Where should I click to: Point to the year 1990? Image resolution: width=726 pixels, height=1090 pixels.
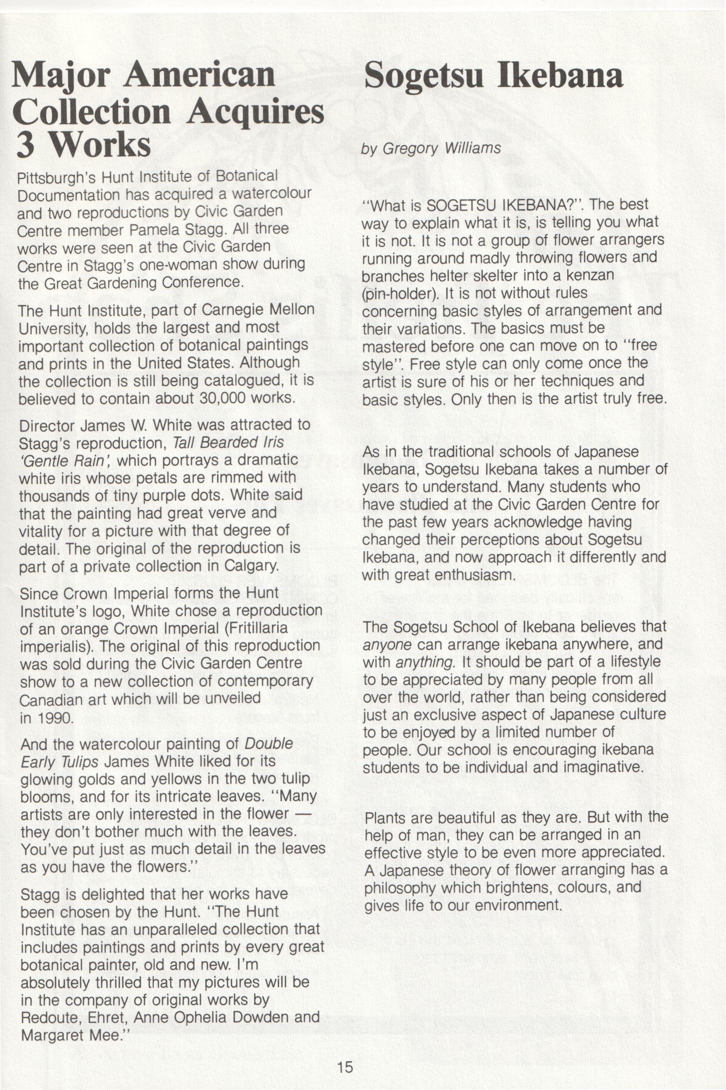(53, 718)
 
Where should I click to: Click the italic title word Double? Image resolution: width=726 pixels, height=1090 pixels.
(269, 744)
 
